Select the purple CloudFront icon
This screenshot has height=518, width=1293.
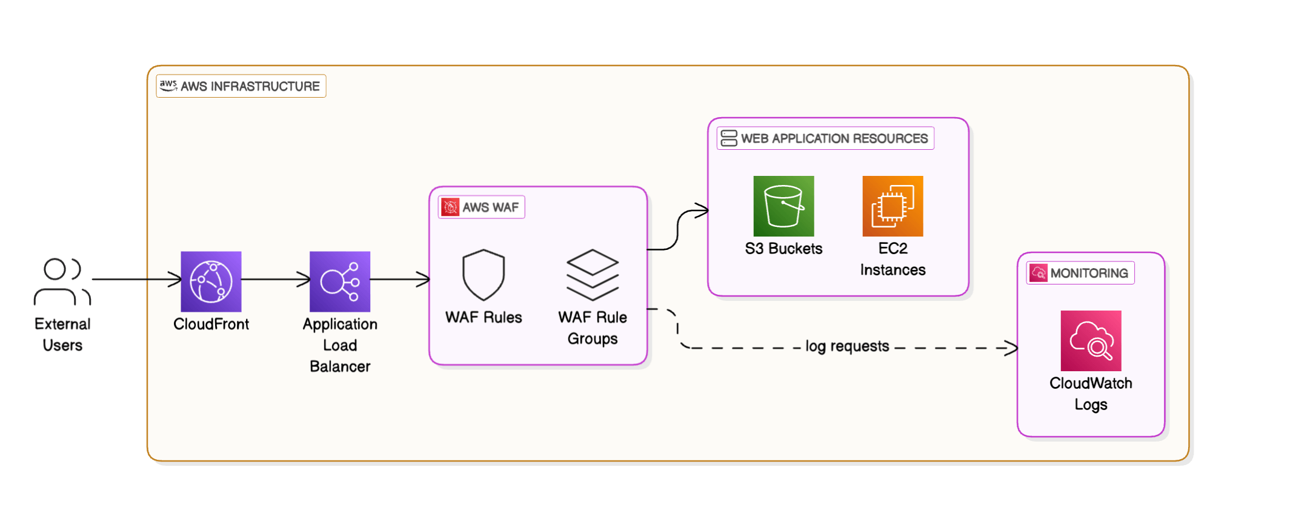pos(211,281)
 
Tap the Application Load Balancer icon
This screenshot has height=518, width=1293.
pos(339,281)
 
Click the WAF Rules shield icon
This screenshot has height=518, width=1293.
pos(483,275)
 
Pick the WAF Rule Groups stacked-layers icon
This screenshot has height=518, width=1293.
pos(592,275)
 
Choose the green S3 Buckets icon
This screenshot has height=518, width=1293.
pos(783,206)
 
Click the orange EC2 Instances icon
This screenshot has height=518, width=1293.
pos(892,206)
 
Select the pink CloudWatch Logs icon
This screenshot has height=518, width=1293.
pos(1090,340)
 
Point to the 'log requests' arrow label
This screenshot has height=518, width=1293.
pos(846,346)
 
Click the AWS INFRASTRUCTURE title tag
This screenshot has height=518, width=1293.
pos(241,86)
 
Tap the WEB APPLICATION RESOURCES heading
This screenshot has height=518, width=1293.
pos(825,138)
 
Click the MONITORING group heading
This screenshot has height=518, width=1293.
pos(1080,273)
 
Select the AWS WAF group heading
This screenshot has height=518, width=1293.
pos(482,207)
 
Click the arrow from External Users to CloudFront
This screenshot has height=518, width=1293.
pos(136,280)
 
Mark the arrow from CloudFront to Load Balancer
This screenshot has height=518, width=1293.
pos(276,280)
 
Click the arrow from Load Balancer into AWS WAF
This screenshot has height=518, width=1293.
pos(400,280)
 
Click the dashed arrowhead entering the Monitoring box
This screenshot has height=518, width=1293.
pos(1011,348)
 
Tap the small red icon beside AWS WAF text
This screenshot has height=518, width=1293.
pos(450,207)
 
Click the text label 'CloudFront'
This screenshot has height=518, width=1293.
pos(211,325)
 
